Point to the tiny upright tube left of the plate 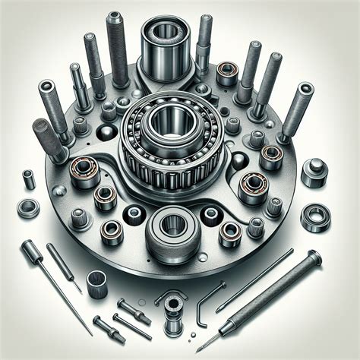pos(28,180)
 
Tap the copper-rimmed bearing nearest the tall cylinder pos(227,74)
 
